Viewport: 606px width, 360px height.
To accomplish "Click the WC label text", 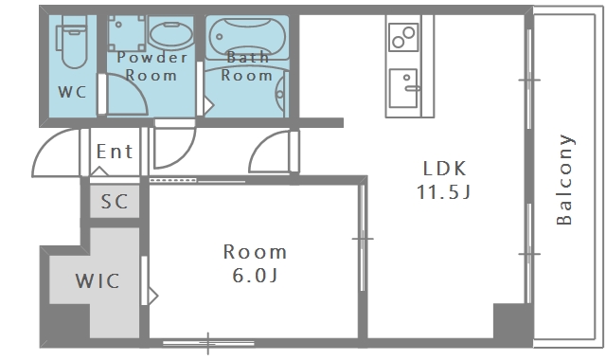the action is [x=72, y=92].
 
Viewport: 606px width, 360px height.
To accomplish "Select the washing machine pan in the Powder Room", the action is [x=127, y=33].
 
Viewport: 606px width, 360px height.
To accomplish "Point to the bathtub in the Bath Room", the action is [x=247, y=38].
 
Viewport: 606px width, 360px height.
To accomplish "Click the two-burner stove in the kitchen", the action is [x=403, y=37].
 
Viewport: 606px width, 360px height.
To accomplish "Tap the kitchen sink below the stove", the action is [x=403, y=88].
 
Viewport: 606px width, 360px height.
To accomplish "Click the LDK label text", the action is [x=444, y=169].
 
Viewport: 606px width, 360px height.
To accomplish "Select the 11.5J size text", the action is [x=444, y=191].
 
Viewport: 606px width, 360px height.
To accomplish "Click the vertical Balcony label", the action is [x=564, y=179].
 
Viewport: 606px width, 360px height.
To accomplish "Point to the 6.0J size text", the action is [x=255, y=276].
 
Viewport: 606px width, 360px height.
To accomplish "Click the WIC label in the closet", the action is [x=98, y=280].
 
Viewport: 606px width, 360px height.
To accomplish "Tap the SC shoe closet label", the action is [x=115, y=202].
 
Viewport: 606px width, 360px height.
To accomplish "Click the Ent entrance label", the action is [x=115, y=152].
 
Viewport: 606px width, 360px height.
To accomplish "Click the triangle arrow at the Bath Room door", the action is [x=208, y=105].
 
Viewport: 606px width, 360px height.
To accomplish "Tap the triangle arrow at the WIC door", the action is [x=153, y=297].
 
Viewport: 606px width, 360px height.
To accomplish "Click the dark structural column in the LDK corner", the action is [x=512, y=320].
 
